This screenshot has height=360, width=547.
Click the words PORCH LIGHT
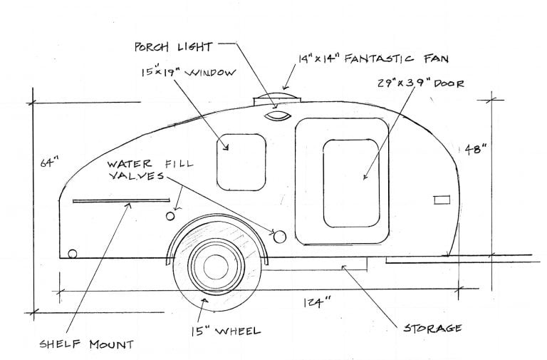pos(173,47)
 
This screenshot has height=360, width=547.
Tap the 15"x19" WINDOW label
pos(189,72)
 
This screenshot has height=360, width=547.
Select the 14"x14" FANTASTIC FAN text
pos(373,58)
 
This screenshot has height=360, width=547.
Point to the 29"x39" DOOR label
pos(421,83)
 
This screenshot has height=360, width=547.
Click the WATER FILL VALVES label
pos(150,170)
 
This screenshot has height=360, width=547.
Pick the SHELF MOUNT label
pos(86,344)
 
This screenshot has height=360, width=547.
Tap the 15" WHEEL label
pos(226,331)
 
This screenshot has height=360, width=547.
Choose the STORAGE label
pos(432,328)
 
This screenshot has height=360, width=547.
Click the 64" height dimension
pos(49,163)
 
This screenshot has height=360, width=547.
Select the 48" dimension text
pos(476,149)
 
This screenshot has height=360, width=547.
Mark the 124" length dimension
pos(317,302)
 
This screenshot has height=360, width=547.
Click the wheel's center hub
pos(216,267)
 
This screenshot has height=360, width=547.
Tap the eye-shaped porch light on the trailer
pos(277,116)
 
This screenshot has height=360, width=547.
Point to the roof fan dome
pos(277,98)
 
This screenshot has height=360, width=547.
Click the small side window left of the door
pos(241,163)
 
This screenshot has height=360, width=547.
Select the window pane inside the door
pos(351,183)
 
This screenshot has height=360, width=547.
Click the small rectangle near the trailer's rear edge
pos(442,200)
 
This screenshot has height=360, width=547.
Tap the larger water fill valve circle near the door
pos(280,237)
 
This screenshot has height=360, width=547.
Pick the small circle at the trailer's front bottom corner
pos(72,254)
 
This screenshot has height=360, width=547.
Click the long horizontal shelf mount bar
pos(121,201)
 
